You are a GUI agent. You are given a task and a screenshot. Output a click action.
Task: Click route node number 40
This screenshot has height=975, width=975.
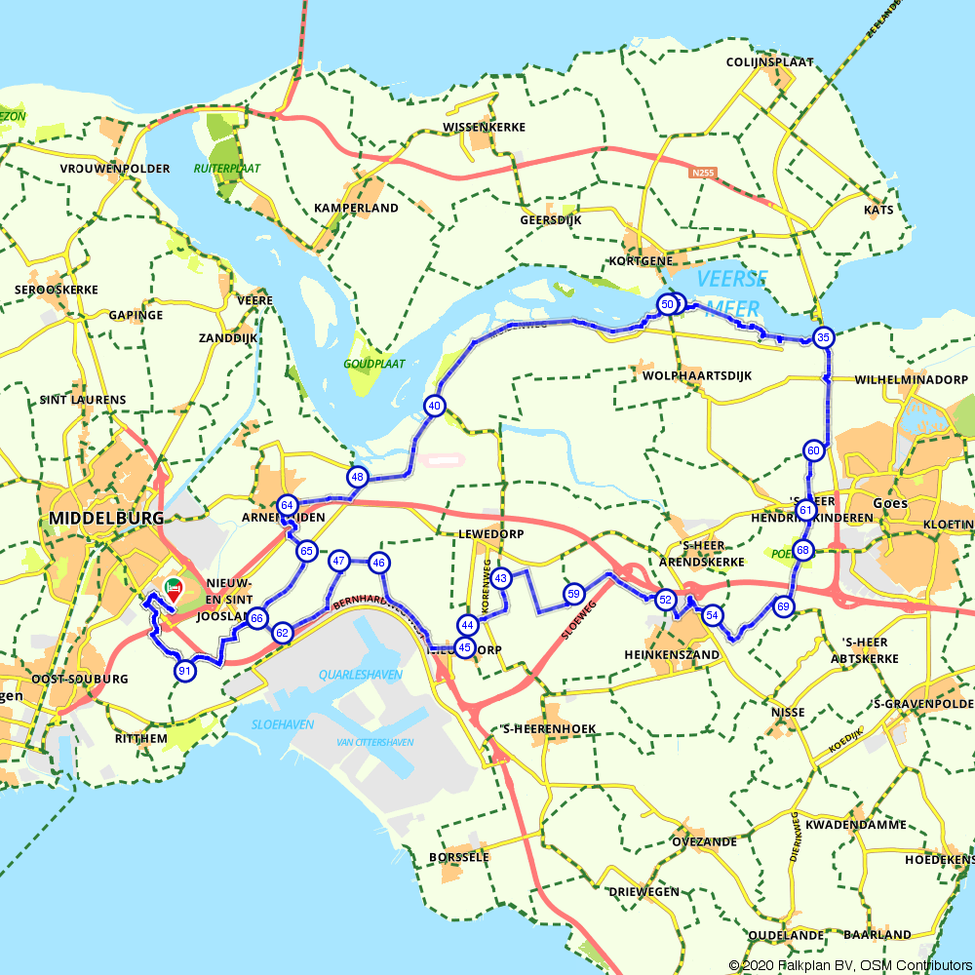[434, 406]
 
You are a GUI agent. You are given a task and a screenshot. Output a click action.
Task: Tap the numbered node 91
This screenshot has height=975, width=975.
[184, 671]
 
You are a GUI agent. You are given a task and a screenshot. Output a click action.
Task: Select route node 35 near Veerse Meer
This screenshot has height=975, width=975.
[824, 338]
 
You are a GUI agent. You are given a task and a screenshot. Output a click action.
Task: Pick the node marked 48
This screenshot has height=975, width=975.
[358, 477]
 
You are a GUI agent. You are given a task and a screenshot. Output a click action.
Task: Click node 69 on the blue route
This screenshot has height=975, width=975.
[784, 606]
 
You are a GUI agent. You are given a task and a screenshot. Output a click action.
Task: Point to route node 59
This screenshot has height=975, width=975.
[573, 594]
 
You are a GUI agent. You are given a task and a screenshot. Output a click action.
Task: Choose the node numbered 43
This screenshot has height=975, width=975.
[501, 578]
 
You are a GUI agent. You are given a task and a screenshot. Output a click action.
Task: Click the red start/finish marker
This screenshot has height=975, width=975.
[174, 590]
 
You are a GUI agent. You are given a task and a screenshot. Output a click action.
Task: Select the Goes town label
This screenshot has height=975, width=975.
[891, 503]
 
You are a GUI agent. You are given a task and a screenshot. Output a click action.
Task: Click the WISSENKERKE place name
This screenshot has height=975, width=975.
[485, 128]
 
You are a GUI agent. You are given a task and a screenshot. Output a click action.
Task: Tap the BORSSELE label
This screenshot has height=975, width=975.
[458, 857]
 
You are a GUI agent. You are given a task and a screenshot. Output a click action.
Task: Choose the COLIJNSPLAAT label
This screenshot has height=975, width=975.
[770, 61]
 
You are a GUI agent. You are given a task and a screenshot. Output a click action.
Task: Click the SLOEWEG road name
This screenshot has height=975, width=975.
[579, 621]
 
